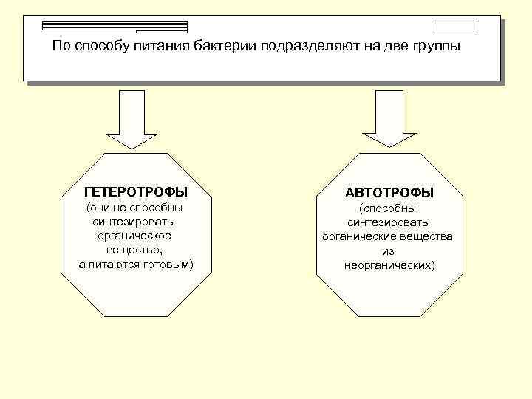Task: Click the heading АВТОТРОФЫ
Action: (389, 193)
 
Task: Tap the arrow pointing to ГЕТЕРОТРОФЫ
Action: (136, 119)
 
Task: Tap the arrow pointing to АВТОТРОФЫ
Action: (389, 119)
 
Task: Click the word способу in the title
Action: (103, 47)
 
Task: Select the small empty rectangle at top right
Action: (454, 28)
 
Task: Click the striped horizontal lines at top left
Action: (115, 27)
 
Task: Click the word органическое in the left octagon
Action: (134, 236)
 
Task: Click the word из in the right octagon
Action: (389, 251)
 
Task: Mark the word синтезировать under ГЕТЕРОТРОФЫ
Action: (134, 222)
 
